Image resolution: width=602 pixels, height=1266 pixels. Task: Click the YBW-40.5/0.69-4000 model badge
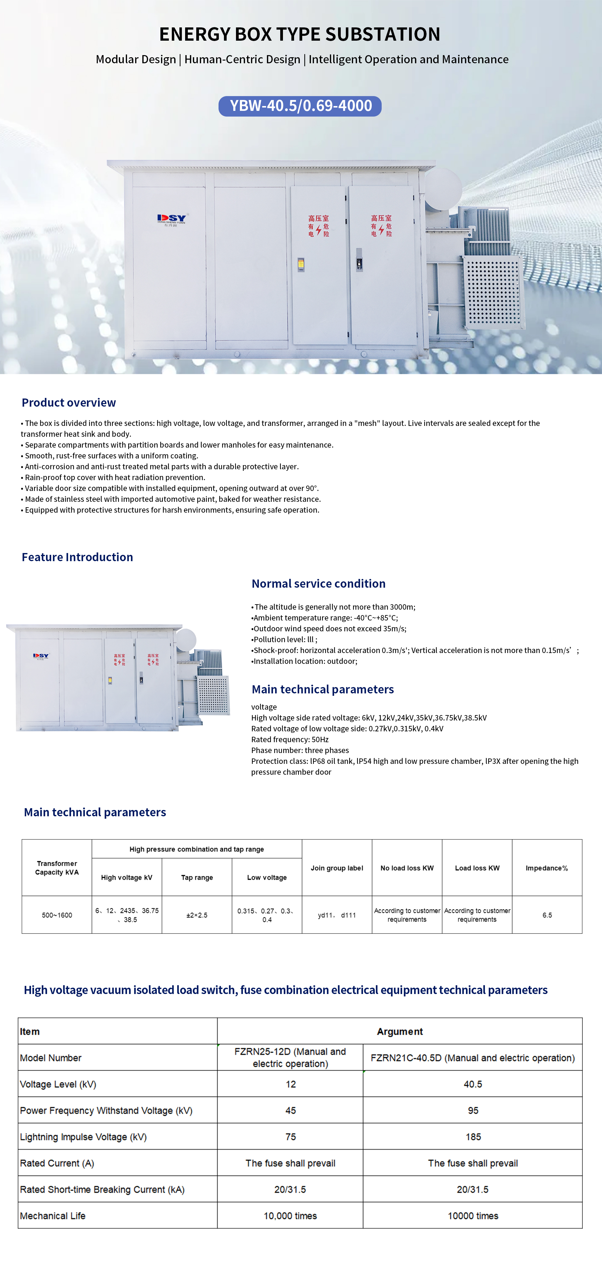coord(300,106)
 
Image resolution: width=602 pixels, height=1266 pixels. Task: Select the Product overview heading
coord(69,402)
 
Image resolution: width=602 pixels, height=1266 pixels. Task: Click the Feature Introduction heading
coord(77,557)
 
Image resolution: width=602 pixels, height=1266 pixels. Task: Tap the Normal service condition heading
coord(318,583)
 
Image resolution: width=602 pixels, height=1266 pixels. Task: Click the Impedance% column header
coord(547,868)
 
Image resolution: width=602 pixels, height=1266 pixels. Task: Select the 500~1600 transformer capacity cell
coord(57,915)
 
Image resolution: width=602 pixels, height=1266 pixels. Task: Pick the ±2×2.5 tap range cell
coord(197,915)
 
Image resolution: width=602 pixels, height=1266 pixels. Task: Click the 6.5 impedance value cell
coord(547,915)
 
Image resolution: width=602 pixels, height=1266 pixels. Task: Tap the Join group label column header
coord(337,868)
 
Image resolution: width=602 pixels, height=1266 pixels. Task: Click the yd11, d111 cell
coord(337,915)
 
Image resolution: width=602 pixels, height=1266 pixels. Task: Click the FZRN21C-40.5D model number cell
coord(472,1058)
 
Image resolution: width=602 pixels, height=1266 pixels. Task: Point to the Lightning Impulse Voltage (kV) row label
coord(83,1137)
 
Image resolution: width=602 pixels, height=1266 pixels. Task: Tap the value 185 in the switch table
coord(473,1137)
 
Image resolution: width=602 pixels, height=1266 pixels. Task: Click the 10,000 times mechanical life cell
coord(290,1216)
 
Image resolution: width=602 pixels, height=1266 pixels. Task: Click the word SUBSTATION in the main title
coord(383,34)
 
